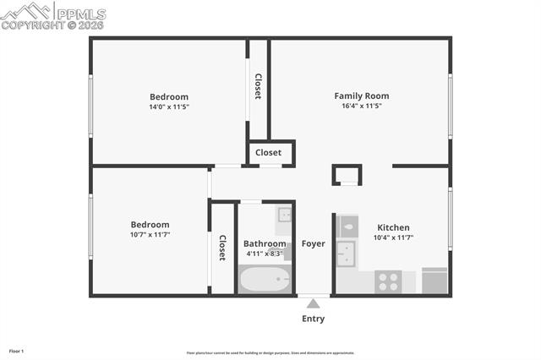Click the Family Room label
[361, 95]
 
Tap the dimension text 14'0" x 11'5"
[169, 107]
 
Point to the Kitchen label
[393, 227]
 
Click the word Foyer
[313, 244]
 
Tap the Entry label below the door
[313, 319]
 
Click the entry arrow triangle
[313, 303]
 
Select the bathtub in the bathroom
[265, 279]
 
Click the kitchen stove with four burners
[388, 281]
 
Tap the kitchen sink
[346, 253]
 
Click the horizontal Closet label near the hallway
[268, 153]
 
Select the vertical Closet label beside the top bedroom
[258, 86]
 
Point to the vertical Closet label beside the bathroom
[222, 248]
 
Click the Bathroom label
[265, 243]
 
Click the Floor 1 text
[17, 350]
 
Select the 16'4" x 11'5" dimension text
[361, 106]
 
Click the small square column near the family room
[347, 174]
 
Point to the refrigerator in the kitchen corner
[434, 281]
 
